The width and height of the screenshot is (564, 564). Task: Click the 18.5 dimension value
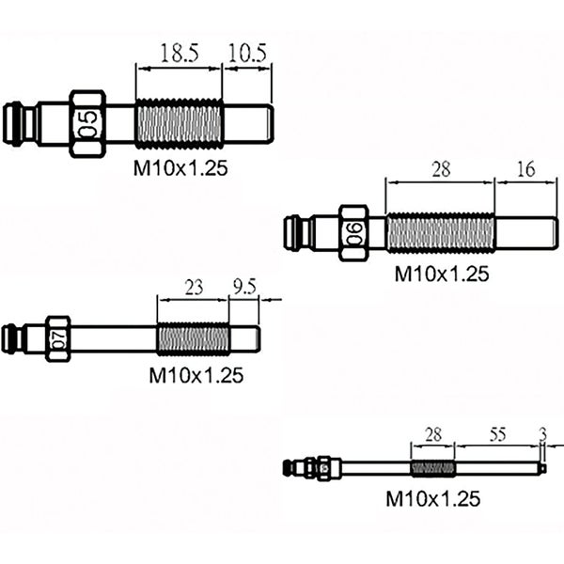(179, 54)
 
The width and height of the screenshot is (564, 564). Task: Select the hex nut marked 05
(88, 124)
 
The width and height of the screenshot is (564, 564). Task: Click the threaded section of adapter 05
(179, 124)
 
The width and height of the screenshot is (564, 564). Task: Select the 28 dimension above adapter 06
(440, 169)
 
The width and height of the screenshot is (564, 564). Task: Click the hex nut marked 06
(353, 233)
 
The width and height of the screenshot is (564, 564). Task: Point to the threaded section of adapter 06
(440, 233)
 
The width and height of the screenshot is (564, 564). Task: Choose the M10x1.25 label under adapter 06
(441, 274)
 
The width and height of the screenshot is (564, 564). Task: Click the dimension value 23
(193, 289)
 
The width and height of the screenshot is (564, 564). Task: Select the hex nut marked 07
(58, 338)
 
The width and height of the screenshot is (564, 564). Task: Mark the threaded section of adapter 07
(193, 338)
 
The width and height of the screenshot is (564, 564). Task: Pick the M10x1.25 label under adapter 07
(196, 375)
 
